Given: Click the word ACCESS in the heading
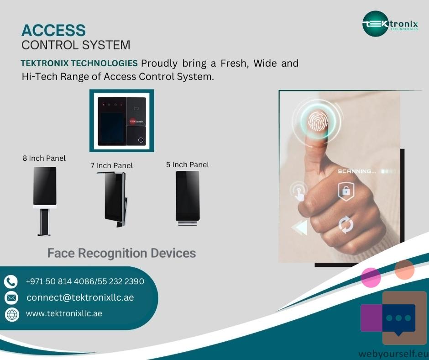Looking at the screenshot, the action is [x=54, y=30].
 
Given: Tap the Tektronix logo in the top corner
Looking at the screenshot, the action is [x=390, y=24].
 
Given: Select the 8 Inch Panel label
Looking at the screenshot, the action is [x=44, y=159].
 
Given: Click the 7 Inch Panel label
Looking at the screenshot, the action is [x=112, y=165].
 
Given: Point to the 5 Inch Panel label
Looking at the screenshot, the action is [x=188, y=164].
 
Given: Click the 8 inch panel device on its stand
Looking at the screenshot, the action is [x=45, y=201].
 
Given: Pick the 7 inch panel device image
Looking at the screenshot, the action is [x=112, y=200].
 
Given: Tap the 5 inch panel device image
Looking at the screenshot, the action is [x=188, y=198].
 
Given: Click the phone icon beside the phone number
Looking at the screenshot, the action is [x=11, y=281].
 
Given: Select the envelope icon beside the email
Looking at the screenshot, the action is [x=11, y=298].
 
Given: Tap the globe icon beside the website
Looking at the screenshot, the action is [x=12, y=314].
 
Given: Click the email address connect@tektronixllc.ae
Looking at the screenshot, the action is [x=80, y=297].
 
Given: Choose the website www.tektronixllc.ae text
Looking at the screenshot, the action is [x=64, y=313].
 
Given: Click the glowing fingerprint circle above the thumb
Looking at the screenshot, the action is [x=317, y=121].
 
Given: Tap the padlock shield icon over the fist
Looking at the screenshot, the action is [x=346, y=191].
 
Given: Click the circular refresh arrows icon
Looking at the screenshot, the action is [x=346, y=225].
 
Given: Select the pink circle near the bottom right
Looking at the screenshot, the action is [x=371, y=277].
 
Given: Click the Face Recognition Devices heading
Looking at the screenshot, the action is [x=122, y=253].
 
